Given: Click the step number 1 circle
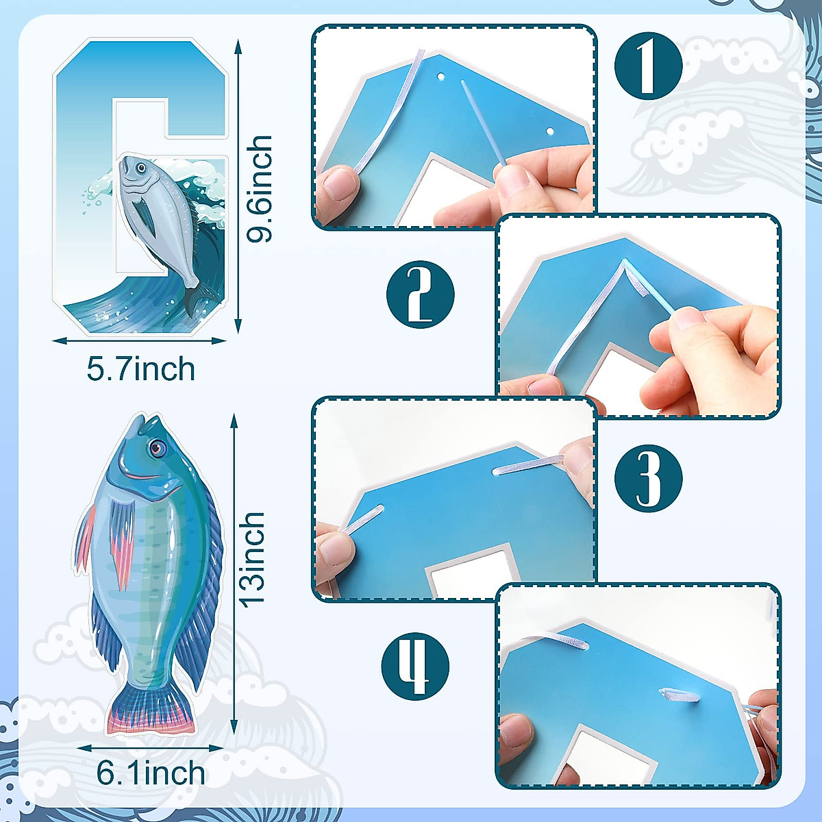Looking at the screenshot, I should (x=648, y=66).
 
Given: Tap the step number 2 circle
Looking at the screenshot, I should (x=420, y=295).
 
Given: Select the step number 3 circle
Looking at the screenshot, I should (x=648, y=478).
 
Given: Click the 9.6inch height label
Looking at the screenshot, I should (x=260, y=188).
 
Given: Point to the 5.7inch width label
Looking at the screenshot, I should (x=141, y=369).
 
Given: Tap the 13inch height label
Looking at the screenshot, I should (x=252, y=559).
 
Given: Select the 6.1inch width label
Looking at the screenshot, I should (x=151, y=773).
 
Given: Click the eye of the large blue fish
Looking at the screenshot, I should (x=158, y=448).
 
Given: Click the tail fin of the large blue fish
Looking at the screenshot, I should (x=151, y=709).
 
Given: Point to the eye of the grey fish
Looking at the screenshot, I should (x=140, y=167).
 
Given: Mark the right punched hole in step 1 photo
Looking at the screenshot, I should (x=549, y=130).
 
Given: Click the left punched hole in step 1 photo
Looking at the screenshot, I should (x=442, y=77).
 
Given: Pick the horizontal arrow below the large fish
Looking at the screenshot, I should (x=151, y=749).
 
